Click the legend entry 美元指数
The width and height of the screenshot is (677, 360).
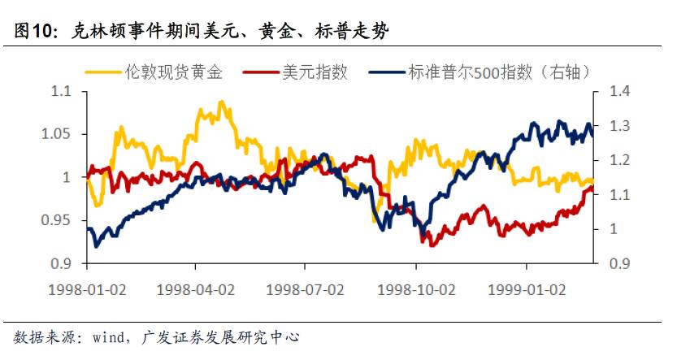(x=314, y=72)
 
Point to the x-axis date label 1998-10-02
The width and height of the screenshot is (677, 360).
(x=415, y=288)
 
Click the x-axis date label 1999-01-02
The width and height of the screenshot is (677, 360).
(x=526, y=288)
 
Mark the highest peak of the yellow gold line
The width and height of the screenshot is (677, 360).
(x=222, y=102)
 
